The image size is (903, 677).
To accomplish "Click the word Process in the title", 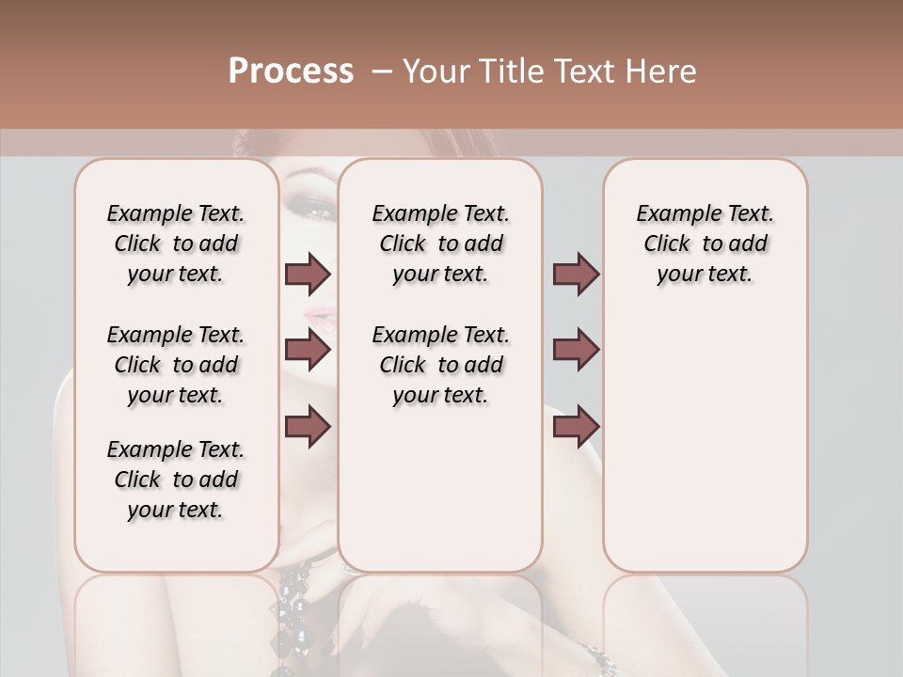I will [x=291, y=71].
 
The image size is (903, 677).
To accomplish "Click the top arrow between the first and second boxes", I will [x=308, y=274].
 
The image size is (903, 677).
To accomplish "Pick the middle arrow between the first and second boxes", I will [x=308, y=350].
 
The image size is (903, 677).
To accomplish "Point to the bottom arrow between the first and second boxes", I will [x=308, y=427].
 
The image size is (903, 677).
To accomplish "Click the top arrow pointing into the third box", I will [x=576, y=274].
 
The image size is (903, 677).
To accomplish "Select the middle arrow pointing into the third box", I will [x=576, y=350].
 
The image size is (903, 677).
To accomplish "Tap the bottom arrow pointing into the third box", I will [x=576, y=427].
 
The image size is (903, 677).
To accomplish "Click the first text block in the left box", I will [x=176, y=244].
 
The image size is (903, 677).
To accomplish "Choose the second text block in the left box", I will [x=176, y=365].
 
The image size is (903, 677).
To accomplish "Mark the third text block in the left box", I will [x=176, y=480].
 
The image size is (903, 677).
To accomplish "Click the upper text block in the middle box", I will [x=440, y=244].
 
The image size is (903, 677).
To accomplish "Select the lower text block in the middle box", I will [x=440, y=365].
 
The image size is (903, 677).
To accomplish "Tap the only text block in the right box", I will [x=705, y=244].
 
